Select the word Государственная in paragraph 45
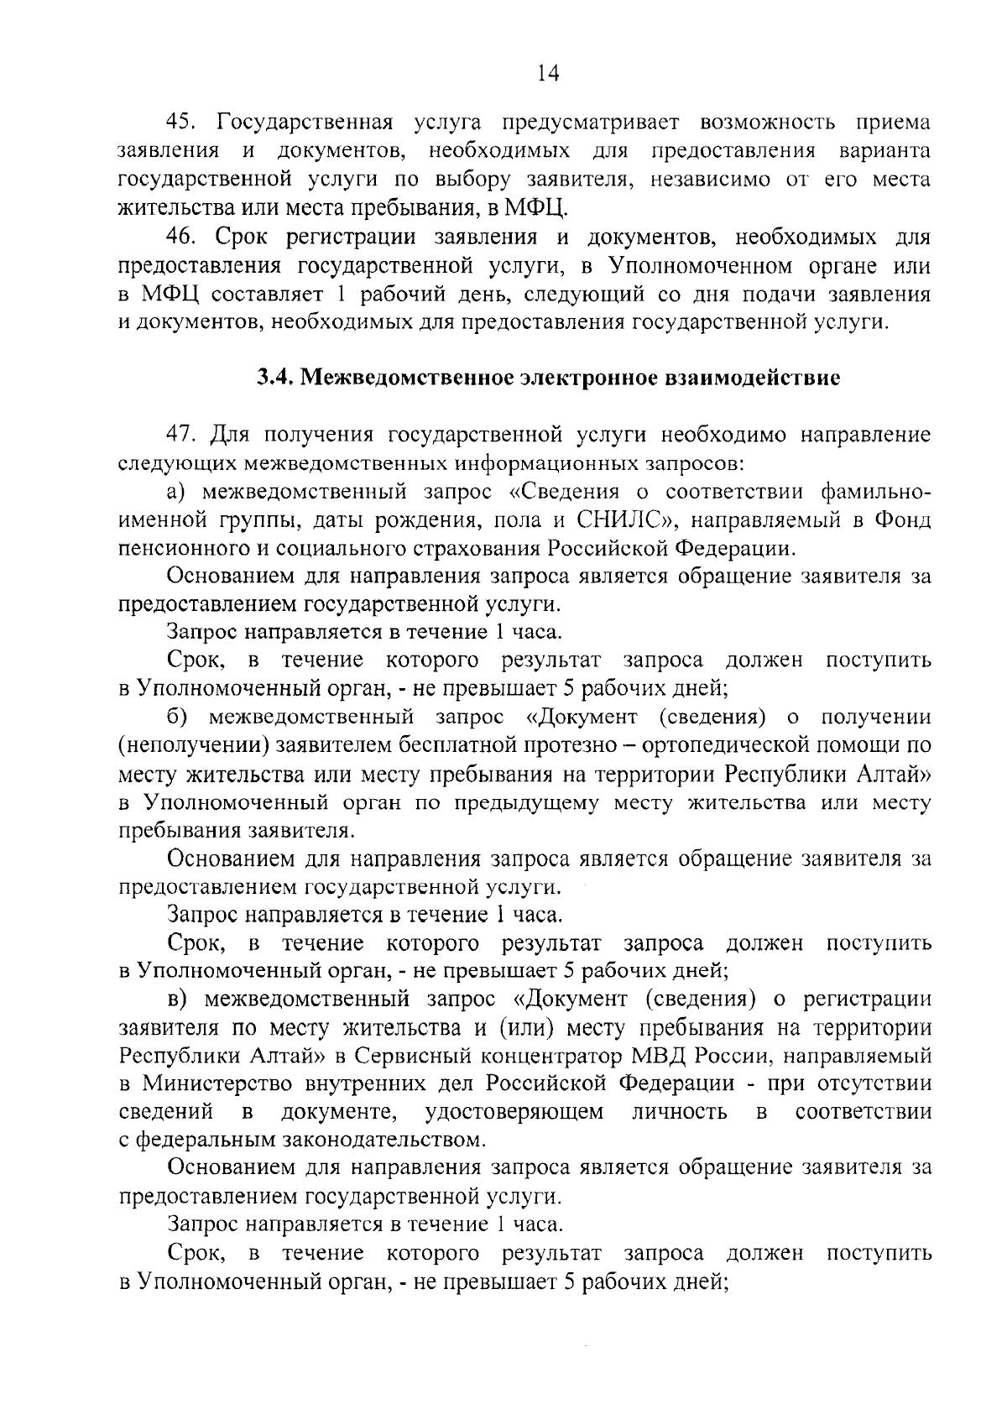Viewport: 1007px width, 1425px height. [305, 123]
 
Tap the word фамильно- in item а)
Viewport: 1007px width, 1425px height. [875, 493]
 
